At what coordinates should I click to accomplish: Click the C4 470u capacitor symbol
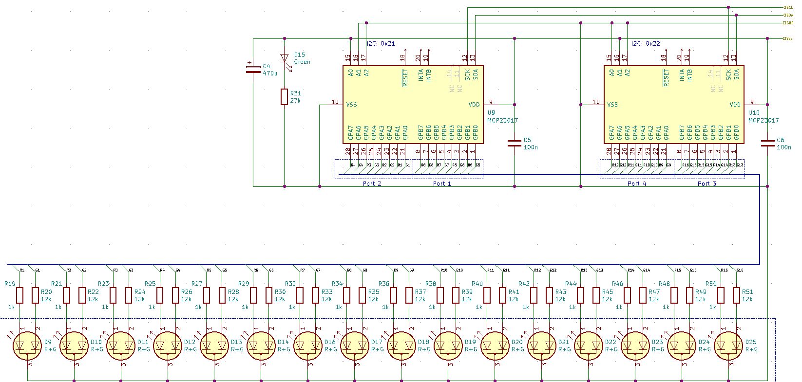(x=253, y=69)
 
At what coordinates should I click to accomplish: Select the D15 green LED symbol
(x=285, y=58)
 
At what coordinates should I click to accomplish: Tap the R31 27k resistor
(x=285, y=97)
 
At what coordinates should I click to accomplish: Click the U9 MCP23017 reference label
(x=491, y=112)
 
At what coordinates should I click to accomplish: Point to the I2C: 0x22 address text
(x=646, y=43)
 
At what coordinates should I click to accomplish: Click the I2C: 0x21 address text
(x=381, y=43)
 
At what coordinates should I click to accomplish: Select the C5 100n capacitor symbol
(x=515, y=143)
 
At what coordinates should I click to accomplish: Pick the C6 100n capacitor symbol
(x=767, y=143)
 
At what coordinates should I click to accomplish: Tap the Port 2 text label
(x=372, y=184)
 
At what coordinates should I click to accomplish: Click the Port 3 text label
(x=707, y=184)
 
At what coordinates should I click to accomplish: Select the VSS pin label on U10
(x=612, y=104)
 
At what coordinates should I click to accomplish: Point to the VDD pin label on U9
(x=474, y=104)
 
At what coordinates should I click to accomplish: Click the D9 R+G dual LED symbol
(x=27, y=346)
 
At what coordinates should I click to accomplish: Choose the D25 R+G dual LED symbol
(x=728, y=346)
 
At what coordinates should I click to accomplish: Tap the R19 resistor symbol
(x=20, y=295)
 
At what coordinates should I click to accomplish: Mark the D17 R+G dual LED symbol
(x=354, y=346)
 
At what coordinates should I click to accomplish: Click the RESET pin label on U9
(x=404, y=78)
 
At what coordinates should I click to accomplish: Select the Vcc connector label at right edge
(x=788, y=38)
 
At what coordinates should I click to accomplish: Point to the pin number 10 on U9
(x=335, y=102)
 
